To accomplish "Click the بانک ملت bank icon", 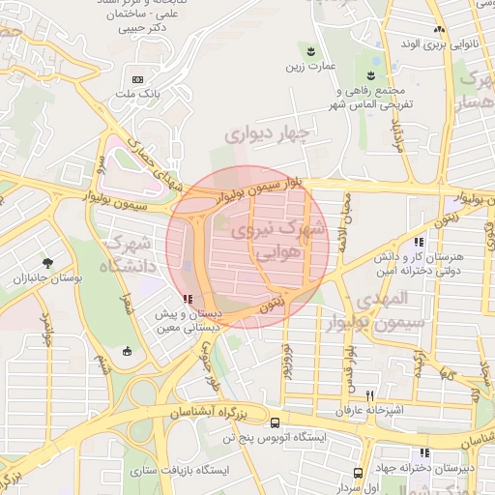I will [x=136, y=78].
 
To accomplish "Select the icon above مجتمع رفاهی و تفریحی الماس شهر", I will [x=371, y=75].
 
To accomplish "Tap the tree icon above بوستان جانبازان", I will [x=48, y=263].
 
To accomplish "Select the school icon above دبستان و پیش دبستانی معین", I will [x=187, y=300].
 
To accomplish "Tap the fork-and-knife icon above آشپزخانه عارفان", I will [x=369, y=396].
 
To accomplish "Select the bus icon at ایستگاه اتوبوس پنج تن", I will [x=277, y=422].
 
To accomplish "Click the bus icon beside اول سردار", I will [x=359, y=473].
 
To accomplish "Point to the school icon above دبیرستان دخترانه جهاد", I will [x=424, y=452].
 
